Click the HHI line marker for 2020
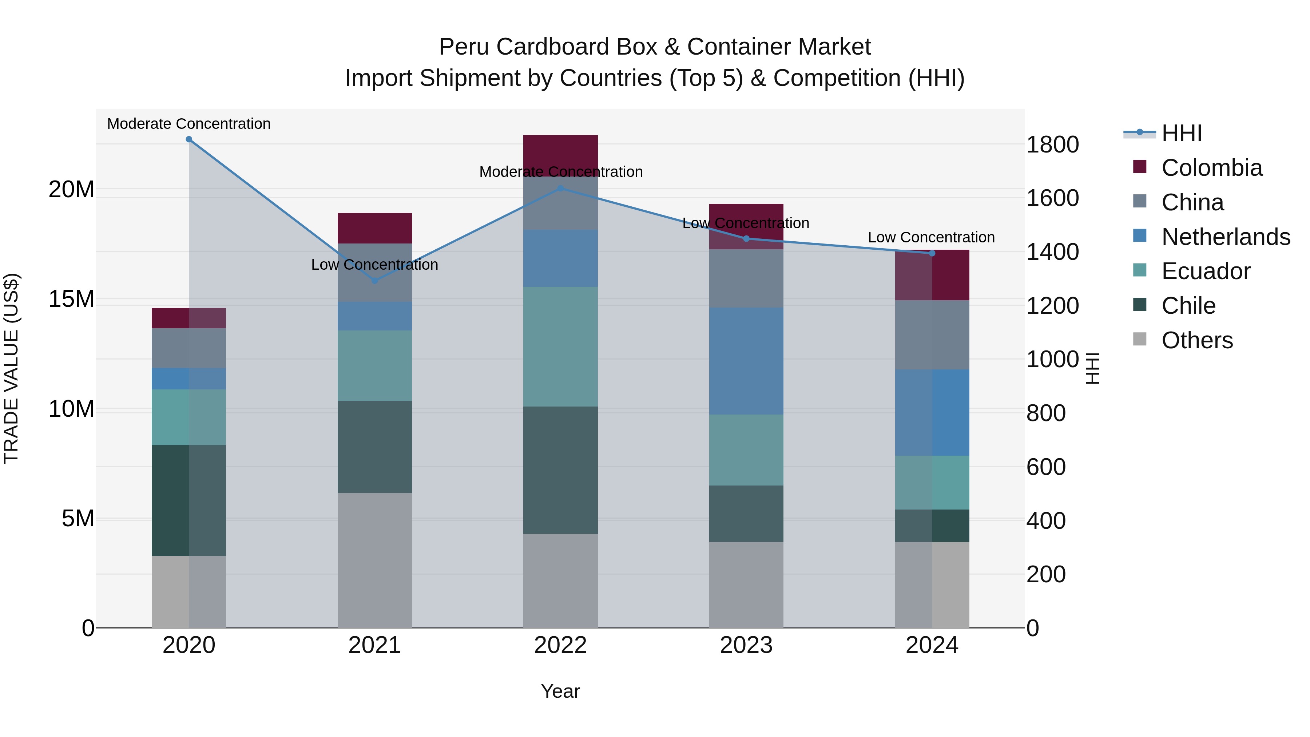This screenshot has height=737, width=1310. (188, 139)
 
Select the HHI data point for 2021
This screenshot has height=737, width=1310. (375, 281)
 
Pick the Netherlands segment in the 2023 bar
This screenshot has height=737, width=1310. (746, 361)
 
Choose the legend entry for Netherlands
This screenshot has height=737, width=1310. (1226, 237)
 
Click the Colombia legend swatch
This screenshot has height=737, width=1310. (1140, 167)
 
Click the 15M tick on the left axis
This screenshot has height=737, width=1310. (71, 299)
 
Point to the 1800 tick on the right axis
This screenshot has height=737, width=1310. (1052, 144)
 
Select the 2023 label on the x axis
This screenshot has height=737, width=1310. (746, 645)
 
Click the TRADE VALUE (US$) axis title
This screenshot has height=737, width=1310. (11, 368)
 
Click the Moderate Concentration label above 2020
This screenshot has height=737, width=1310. (188, 124)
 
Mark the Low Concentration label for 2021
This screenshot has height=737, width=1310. (375, 265)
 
